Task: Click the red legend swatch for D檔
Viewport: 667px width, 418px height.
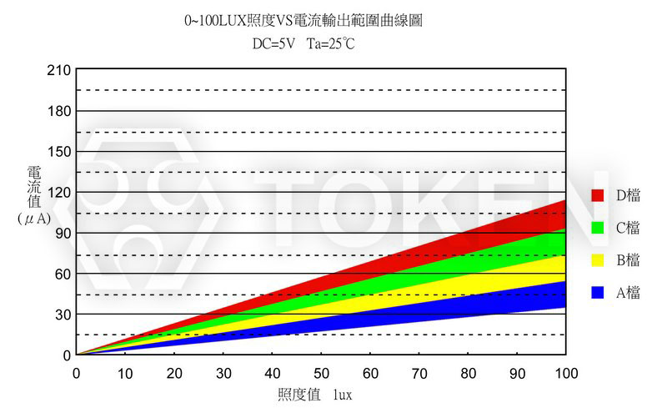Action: point(597,195)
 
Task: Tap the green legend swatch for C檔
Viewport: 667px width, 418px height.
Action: point(597,228)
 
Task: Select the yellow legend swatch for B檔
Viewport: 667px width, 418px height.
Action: point(597,260)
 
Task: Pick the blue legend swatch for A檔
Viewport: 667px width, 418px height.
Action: point(597,293)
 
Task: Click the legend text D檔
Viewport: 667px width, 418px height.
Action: point(628,195)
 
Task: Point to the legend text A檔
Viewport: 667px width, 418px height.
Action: point(628,293)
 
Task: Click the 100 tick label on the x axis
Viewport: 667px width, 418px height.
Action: point(566,372)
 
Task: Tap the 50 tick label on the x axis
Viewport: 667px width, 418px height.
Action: point(321,372)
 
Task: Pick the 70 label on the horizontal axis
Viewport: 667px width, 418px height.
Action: point(419,372)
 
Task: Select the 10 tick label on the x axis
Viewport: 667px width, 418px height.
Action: point(125,372)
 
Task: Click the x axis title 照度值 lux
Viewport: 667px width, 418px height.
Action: point(314,395)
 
